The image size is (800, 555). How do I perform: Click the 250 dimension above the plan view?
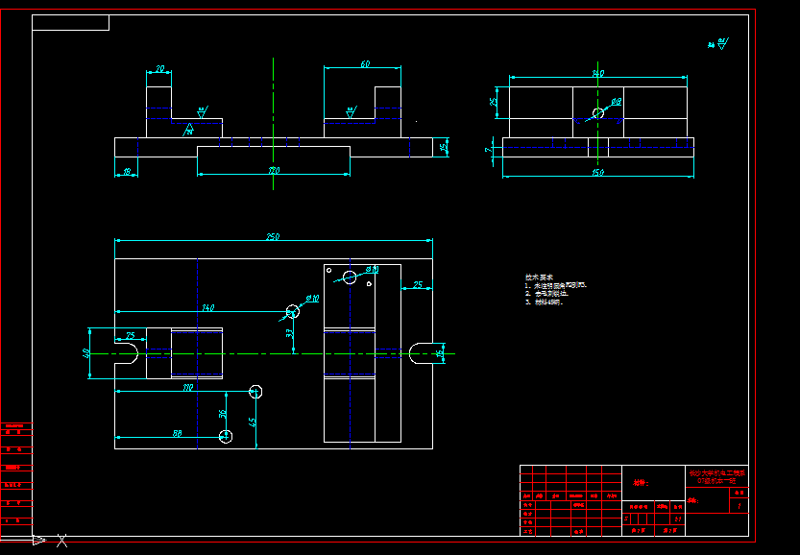(x=273, y=236)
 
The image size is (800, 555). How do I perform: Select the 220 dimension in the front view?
(x=274, y=171)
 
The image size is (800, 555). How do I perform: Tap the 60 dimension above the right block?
(x=364, y=64)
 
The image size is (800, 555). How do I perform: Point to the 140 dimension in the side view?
(x=597, y=73)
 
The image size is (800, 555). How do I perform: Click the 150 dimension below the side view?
(x=597, y=173)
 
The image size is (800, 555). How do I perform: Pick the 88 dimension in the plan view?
(x=177, y=433)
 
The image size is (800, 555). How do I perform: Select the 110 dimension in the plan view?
(x=187, y=388)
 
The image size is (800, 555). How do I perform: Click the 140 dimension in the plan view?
(x=207, y=307)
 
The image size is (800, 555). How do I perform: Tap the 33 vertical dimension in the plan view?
(x=289, y=333)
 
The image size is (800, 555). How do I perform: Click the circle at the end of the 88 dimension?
(x=226, y=436)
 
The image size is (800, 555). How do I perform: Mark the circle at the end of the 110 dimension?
(x=255, y=391)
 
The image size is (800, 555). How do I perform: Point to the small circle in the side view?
(x=598, y=112)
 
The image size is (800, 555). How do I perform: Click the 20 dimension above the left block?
(x=159, y=69)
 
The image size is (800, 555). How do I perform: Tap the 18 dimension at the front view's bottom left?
(x=126, y=172)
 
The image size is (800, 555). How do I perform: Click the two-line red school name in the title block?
(x=716, y=476)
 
